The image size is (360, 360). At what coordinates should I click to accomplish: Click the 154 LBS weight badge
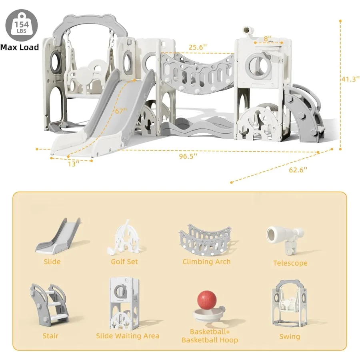[19, 26]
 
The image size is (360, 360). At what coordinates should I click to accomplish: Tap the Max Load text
[20, 47]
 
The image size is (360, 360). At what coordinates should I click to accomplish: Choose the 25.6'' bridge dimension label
[198, 47]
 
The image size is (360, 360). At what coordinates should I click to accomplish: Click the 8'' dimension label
[268, 39]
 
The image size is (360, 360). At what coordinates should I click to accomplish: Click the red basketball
[206, 300]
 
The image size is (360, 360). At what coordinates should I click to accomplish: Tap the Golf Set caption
[124, 261]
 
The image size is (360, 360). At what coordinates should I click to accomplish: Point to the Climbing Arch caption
[206, 262]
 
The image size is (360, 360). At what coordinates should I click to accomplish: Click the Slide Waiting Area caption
[128, 336]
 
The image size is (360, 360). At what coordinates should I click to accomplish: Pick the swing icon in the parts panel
[290, 304]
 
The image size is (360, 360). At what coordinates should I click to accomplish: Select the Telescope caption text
[290, 263]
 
